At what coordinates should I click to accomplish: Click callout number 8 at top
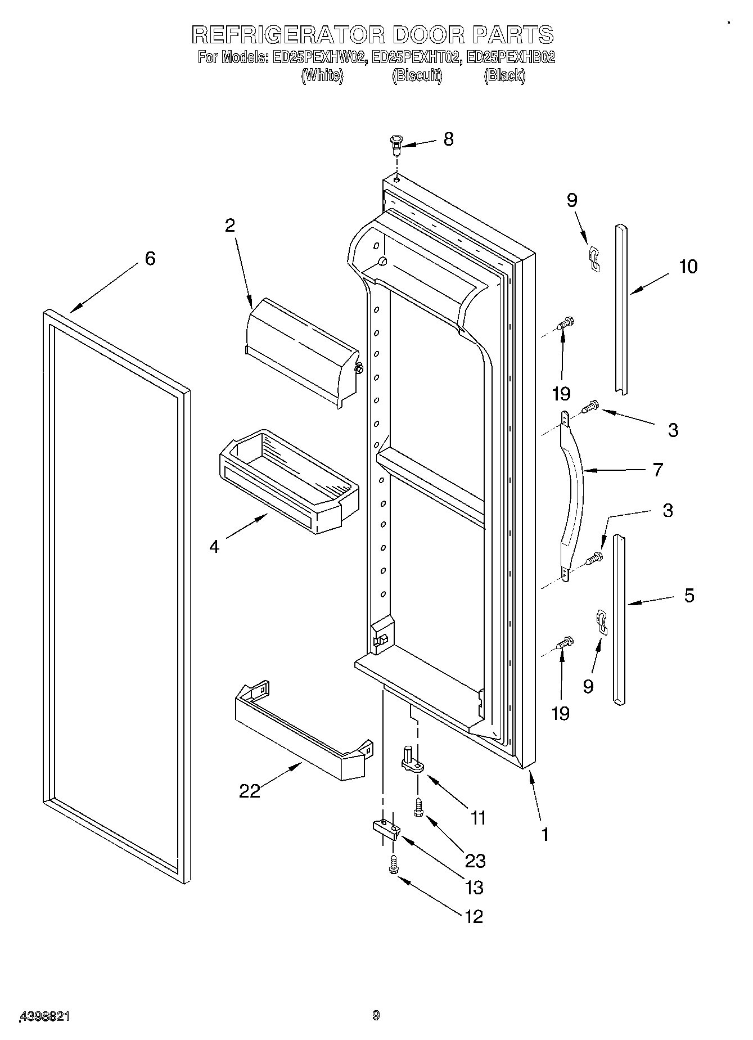pyautogui.click(x=448, y=139)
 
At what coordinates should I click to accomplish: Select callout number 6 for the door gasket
pyautogui.click(x=150, y=259)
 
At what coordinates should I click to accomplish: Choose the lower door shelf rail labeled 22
pyautogui.click(x=301, y=731)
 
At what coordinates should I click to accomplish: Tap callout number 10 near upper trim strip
pyautogui.click(x=687, y=266)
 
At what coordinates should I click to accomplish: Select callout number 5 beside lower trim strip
pyautogui.click(x=689, y=595)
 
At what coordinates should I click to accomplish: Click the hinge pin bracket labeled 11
pyautogui.click(x=410, y=759)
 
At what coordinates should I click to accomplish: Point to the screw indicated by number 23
pyautogui.click(x=418, y=809)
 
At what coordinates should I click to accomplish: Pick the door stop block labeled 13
pyautogui.click(x=385, y=829)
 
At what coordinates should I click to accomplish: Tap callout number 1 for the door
pyautogui.click(x=544, y=835)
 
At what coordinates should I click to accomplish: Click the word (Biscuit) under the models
pyautogui.click(x=417, y=76)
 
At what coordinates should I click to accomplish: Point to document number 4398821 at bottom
pyautogui.click(x=45, y=1016)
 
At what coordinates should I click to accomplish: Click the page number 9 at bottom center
pyautogui.click(x=376, y=1015)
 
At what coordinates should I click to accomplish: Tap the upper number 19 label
pyautogui.click(x=561, y=393)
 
